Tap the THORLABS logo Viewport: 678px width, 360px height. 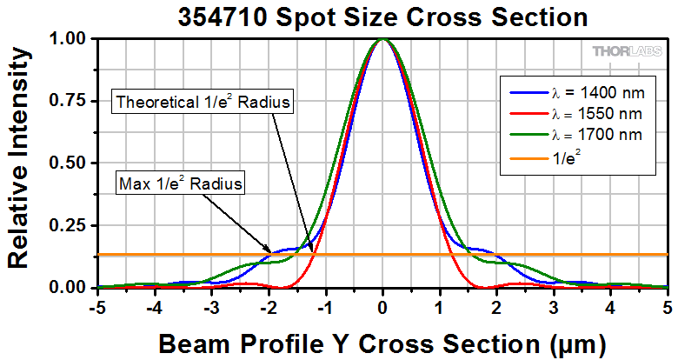click(629, 51)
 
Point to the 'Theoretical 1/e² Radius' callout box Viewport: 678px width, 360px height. click(203, 102)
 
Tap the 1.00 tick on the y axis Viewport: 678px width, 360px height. click(70, 39)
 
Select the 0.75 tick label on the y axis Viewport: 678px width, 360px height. click(70, 101)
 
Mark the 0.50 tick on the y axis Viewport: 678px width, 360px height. click(70, 163)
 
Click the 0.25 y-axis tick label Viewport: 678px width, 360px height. click(70, 225)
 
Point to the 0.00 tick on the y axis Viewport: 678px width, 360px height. click(70, 288)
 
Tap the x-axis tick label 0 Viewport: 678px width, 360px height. click(382, 307)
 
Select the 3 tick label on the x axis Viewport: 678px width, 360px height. click(554, 307)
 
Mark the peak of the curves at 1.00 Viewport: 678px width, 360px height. click(382, 40)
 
